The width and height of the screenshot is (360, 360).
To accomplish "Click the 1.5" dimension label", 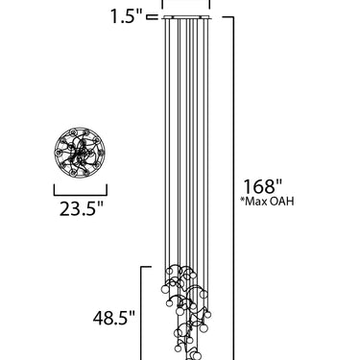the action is [x=126, y=16].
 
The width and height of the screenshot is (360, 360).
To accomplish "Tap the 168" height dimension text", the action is [x=263, y=186].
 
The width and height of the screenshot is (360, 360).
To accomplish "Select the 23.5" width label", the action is [x=82, y=209].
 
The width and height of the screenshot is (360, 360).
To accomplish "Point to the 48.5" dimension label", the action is [x=114, y=318].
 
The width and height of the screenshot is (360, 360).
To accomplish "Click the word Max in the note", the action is [x=254, y=202].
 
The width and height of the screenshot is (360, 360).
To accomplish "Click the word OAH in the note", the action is [x=280, y=202].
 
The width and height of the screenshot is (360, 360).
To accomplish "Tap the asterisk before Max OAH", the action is [x=242, y=200].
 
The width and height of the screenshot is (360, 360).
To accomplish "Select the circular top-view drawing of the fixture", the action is [x=80, y=152].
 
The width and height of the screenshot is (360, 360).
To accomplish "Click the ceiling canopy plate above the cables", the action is [x=186, y=17].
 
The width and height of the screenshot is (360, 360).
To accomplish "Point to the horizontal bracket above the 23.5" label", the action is [x=80, y=195].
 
